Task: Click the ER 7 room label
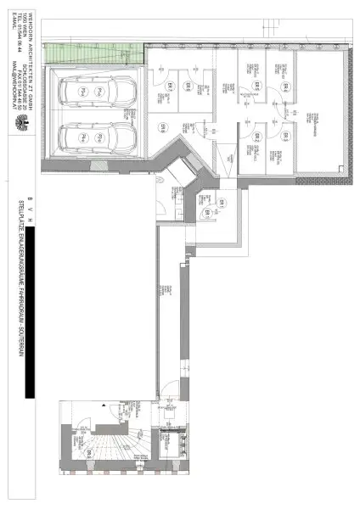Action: [169, 86]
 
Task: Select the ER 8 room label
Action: [162, 127]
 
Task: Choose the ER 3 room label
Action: [286, 136]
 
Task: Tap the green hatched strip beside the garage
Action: [93, 51]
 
